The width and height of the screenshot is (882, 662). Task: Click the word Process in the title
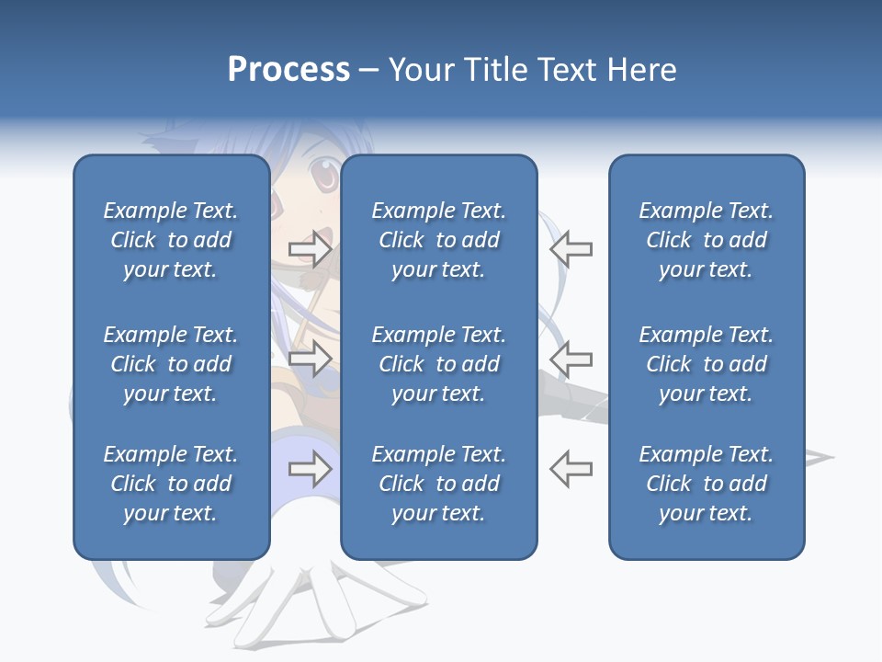click(288, 70)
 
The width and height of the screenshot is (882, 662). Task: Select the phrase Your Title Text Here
click(532, 70)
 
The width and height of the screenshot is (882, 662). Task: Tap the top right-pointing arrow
click(310, 248)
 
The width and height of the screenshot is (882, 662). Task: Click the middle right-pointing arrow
click(310, 358)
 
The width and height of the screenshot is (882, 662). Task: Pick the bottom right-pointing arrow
click(310, 469)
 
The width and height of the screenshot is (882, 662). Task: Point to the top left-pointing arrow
click(571, 248)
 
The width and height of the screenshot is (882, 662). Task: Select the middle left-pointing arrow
click(571, 358)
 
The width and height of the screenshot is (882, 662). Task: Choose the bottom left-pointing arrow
click(571, 468)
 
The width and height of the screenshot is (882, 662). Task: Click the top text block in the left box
click(171, 240)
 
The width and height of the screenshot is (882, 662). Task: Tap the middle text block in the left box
click(171, 364)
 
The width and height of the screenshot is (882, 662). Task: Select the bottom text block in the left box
click(171, 484)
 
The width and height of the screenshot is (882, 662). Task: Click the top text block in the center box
click(439, 240)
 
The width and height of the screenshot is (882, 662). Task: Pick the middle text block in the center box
click(439, 364)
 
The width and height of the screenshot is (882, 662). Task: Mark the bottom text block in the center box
click(439, 484)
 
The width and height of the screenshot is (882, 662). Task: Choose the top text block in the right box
click(707, 240)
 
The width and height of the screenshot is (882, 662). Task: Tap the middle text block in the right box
click(707, 364)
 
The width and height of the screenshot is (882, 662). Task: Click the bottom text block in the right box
click(707, 484)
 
